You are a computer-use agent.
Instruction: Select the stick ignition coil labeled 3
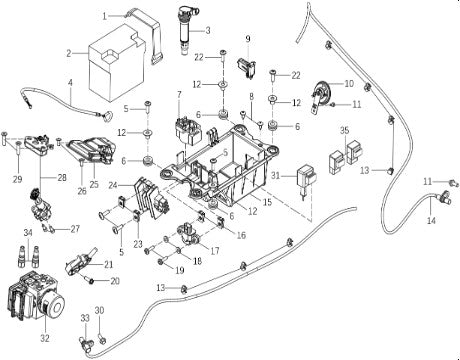tap(186, 31)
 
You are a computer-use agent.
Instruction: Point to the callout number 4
tap(70, 82)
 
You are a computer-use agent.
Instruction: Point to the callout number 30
tap(100, 311)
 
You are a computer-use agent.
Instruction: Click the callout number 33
tap(85, 318)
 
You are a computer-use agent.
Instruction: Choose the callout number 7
tap(179, 95)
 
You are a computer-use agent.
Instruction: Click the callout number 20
tap(115, 281)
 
